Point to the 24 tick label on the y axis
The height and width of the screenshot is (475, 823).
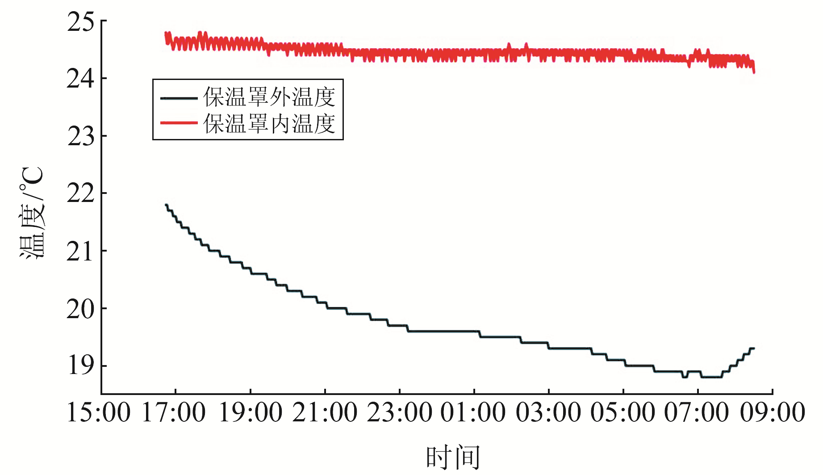click(81, 80)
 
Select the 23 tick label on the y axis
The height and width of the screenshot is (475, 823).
click(81, 137)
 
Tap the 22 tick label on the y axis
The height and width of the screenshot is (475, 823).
click(81, 194)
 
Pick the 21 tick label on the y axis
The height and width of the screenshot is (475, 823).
click(81, 252)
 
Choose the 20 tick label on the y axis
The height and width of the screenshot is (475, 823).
click(81, 309)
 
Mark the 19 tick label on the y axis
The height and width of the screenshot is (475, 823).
click(81, 366)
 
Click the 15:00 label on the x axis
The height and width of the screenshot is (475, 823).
click(99, 412)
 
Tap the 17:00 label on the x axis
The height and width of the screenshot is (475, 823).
click(174, 412)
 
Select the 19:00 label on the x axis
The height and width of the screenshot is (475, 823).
click(250, 412)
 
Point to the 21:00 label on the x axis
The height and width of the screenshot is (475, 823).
click(325, 412)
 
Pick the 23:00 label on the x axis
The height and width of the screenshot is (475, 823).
click(400, 412)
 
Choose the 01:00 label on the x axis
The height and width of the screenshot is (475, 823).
click(473, 412)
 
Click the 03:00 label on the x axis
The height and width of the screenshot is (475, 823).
click(549, 412)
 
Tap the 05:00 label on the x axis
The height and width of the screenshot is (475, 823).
click(623, 412)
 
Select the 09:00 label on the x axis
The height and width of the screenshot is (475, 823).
click(773, 412)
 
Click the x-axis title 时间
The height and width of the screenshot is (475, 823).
click(453, 457)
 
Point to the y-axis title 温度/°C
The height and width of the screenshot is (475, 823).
click(32, 213)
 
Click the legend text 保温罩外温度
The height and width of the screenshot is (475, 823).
click(269, 97)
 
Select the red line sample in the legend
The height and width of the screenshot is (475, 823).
click(179, 123)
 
